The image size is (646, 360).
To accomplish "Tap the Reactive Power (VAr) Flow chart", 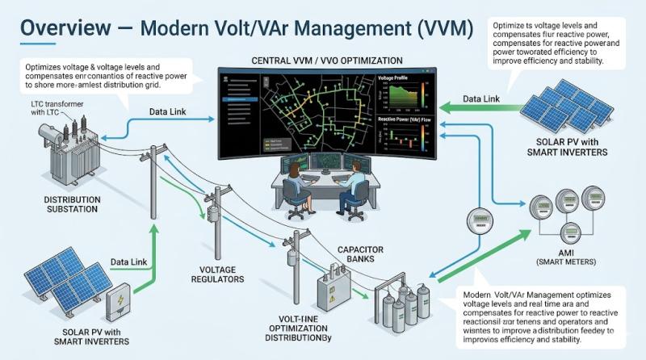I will pyautogui.click(x=401, y=136).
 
